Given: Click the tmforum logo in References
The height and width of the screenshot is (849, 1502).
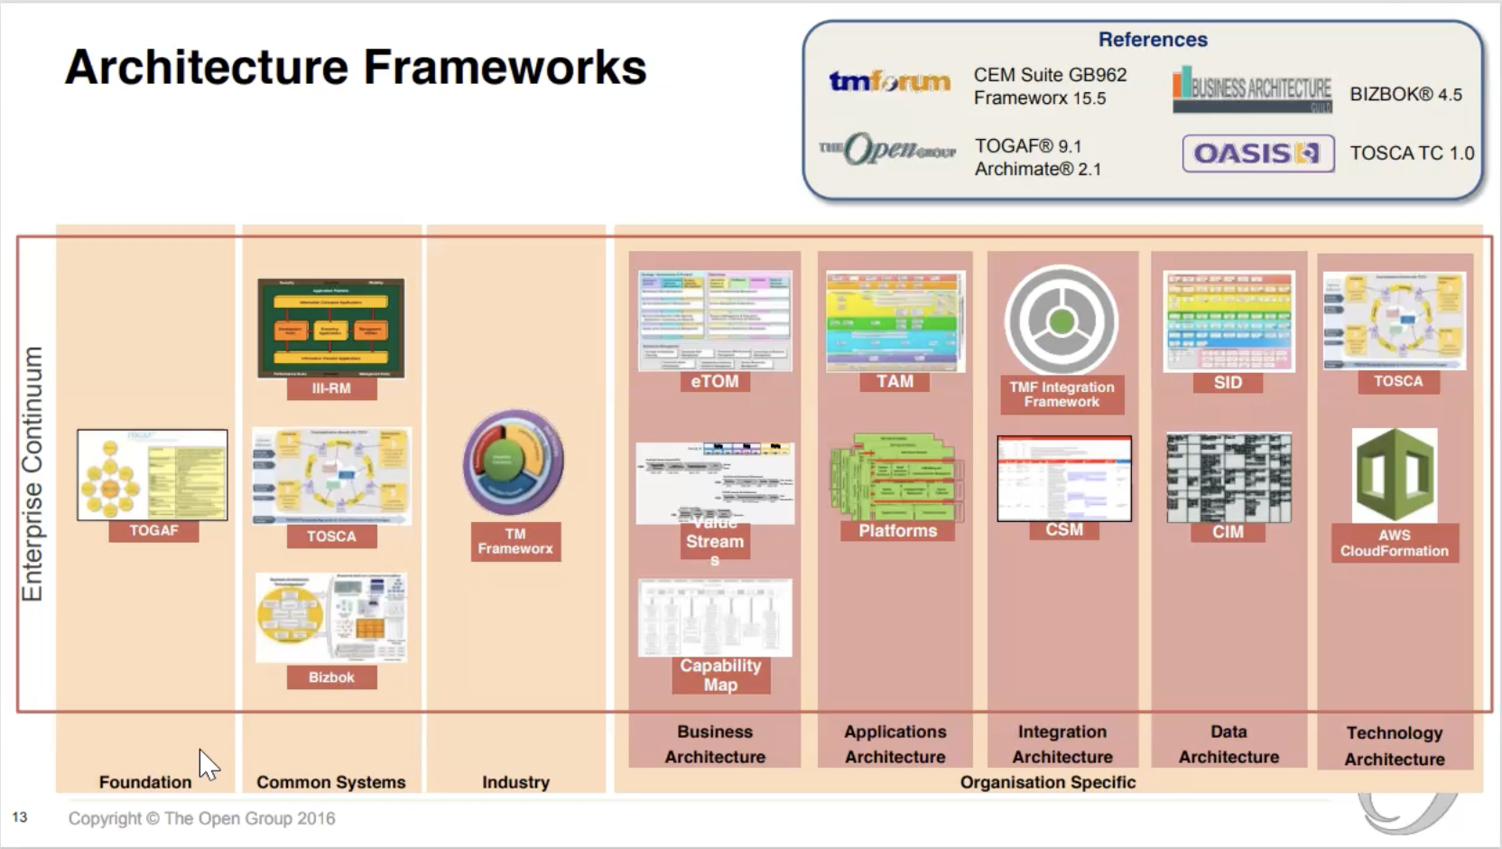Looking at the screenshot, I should click(x=889, y=82).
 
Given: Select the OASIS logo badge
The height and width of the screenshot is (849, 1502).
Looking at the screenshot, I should click(x=1257, y=154).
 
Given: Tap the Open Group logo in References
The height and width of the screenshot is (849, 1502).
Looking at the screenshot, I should click(x=887, y=150).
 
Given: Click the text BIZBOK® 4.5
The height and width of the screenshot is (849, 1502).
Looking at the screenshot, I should click(x=1405, y=94).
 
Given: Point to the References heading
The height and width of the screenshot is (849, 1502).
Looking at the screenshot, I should click(x=1152, y=40).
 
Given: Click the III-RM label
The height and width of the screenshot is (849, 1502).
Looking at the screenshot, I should click(x=331, y=388).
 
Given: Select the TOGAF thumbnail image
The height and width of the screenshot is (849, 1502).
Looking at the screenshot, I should click(x=152, y=474).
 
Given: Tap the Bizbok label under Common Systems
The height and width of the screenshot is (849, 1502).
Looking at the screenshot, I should click(x=331, y=677).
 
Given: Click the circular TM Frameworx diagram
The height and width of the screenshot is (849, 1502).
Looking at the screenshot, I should click(x=514, y=462).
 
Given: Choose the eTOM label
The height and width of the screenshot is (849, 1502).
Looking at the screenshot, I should click(x=714, y=381).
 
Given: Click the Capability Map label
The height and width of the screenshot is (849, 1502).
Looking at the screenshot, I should click(x=720, y=676).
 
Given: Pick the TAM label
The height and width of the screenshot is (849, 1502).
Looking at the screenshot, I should click(x=895, y=381).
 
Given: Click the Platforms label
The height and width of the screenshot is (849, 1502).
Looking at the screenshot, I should click(x=897, y=531).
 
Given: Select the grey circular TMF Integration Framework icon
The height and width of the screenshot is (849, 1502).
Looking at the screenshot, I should click(x=1062, y=320).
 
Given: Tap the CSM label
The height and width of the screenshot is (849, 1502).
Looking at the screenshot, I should click(x=1063, y=530).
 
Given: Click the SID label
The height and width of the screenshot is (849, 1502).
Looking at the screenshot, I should click(x=1228, y=382).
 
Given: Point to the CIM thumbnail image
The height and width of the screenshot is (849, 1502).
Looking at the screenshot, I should click(x=1228, y=477).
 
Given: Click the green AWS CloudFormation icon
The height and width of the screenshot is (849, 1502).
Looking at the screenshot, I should click(x=1394, y=475).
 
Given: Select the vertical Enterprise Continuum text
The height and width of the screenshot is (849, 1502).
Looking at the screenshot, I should click(x=32, y=473).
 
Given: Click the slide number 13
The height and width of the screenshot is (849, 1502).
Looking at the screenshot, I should click(x=20, y=817).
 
